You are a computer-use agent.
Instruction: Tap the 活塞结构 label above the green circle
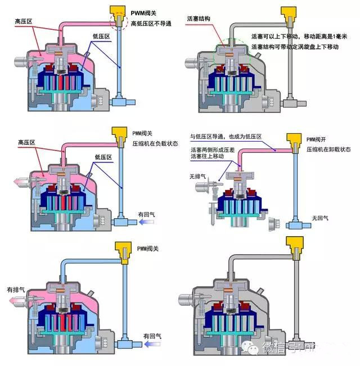point(199,19)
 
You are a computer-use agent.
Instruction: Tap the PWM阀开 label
point(318,139)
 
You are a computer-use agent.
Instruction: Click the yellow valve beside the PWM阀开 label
point(293,138)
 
